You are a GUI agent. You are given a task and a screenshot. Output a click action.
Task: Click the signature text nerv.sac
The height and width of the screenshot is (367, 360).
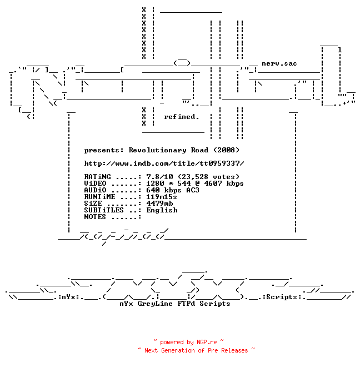click(279, 63)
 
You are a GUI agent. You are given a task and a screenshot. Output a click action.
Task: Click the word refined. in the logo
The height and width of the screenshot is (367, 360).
click(181, 117)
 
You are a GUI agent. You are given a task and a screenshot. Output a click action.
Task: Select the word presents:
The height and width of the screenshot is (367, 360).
click(104, 150)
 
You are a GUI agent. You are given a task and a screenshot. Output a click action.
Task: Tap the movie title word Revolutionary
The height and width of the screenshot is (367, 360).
click(157, 150)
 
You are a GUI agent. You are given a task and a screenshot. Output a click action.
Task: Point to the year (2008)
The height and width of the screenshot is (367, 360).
click(227, 150)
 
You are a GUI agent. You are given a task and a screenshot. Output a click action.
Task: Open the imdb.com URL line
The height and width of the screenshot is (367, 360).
click(164, 163)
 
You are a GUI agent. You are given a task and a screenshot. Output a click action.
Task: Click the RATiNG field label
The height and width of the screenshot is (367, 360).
click(97, 176)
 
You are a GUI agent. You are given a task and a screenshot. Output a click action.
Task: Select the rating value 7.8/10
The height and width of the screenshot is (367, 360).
click(159, 176)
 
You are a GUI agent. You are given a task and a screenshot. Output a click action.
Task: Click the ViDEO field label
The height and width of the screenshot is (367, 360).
click(95, 183)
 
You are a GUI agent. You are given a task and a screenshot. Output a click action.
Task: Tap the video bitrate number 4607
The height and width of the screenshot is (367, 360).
click(213, 183)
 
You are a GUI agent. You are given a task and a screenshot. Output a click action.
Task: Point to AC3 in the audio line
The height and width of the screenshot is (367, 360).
click(193, 190)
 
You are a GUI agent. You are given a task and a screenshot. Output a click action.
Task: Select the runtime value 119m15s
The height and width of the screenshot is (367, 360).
click(162, 197)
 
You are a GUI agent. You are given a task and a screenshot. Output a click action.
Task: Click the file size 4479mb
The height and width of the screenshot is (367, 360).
click(159, 204)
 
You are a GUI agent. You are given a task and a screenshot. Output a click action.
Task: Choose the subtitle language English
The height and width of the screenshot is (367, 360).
click(162, 210)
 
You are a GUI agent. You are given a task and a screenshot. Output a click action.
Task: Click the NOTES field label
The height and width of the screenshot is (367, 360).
click(95, 217)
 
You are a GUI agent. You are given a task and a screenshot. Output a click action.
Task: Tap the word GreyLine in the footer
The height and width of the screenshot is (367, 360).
click(155, 304)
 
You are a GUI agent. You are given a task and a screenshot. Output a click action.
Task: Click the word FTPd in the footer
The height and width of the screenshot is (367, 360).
click(186, 304)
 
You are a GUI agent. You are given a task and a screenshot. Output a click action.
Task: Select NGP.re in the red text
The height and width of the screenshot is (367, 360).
click(207, 342)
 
